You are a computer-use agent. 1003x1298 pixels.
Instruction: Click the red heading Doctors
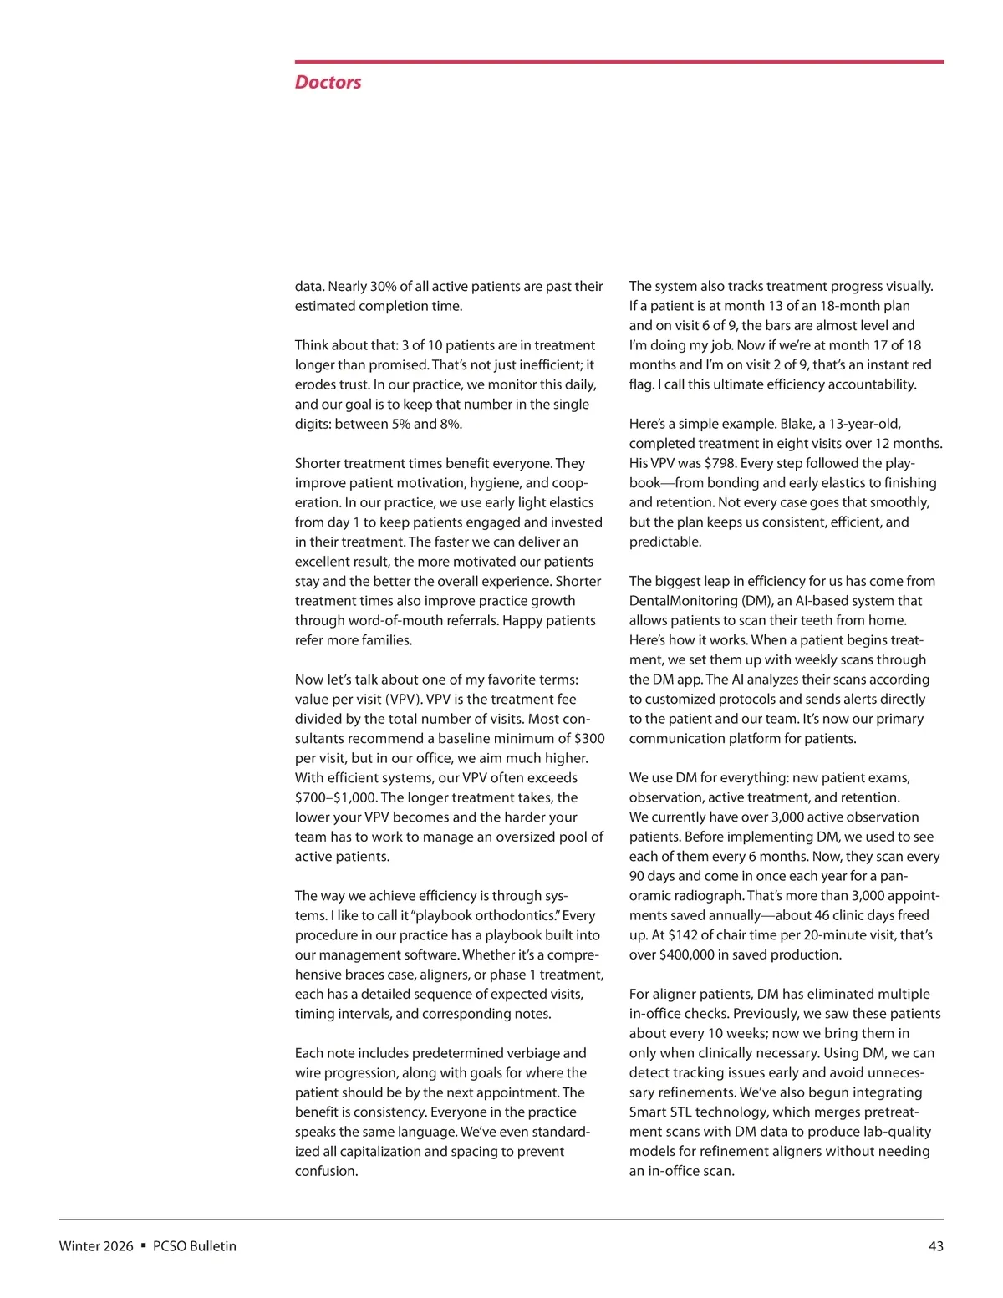pyautogui.click(x=328, y=82)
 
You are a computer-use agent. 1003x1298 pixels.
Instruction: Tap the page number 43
pyautogui.click(x=935, y=1246)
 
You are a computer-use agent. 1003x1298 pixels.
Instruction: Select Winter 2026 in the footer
pyautogui.click(x=95, y=1246)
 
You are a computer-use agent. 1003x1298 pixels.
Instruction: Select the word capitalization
pyautogui.click(x=380, y=1152)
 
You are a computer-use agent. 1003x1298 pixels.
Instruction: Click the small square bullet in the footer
pyautogui.click(x=144, y=1245)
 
